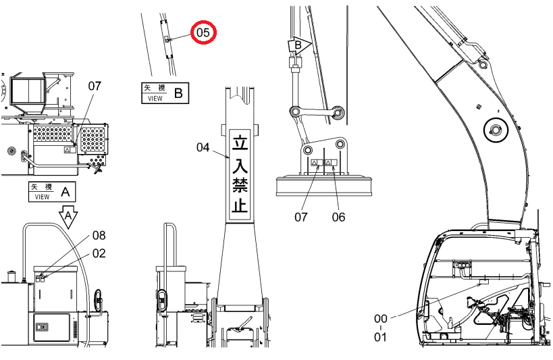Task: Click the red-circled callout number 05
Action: [x=203, y=32]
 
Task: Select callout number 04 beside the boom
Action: [x=203, y=147]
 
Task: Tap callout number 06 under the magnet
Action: [x=338, y=217]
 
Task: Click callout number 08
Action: [x=99, y=236]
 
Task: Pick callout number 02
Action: [x=99, y=253]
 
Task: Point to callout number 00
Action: [x=381, y=319]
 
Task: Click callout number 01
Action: [x=380, y=337]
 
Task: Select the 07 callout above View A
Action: [x=95, y=86]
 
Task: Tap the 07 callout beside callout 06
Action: [x=301, y=217]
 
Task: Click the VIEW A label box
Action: [x=52, y=192]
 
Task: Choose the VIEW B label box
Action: [x=165, y=93]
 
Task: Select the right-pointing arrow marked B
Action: [x=299, y=45]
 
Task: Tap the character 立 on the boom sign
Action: [x=240, y=142]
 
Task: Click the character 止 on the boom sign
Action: [x=240, y=204]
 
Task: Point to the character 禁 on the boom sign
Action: [x=240, y=184]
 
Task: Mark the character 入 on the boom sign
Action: [x=240, y=163]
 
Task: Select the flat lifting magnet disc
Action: [x=325, y=186]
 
